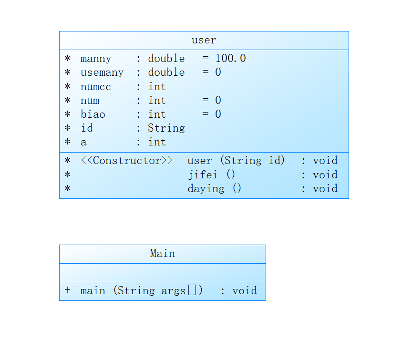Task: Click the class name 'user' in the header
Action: [204, 40]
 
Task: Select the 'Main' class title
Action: [162, 254]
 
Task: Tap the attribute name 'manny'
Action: [96, 59]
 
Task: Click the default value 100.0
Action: [230, 59]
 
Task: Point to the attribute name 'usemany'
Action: [102, 72]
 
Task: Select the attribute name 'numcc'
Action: [96, 87]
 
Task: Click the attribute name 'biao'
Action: [93, 114]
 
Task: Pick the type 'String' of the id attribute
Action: [166, 128]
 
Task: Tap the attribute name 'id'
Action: [87, 128]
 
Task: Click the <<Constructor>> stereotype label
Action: [127, 161]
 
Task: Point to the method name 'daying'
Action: [206, 188]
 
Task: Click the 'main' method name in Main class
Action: [93, 291]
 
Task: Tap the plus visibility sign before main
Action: [67, 290]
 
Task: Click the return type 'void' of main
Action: [244, 291]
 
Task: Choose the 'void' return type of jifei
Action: [325, 175]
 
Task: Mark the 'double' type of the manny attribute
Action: [166, 59]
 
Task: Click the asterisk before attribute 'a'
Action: [67, 142]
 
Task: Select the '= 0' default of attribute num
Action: [211, 101]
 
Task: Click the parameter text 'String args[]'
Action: [158, 291]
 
